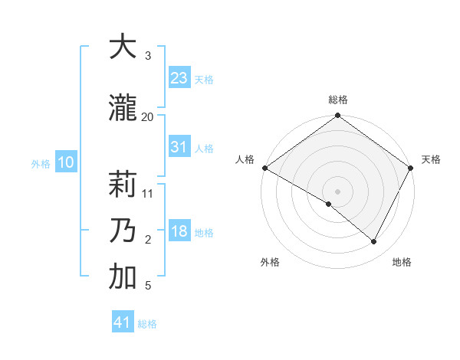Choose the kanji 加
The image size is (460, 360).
click(123, 277)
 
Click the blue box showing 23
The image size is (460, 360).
click(179, 78)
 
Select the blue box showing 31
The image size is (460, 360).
click(179, 147)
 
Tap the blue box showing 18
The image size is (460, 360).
click(179, 232)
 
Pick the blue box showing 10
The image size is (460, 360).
click(65, 162)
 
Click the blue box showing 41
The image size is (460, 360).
click(123, 322)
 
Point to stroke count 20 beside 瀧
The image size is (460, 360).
click(147, 116)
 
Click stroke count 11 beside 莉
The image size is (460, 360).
click(148, 193)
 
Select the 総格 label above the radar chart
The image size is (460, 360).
click(337, 100)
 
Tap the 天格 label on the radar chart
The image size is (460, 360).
click(431, 159)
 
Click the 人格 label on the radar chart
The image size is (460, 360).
click(245, 159)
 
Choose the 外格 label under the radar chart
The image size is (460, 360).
click(270, 262)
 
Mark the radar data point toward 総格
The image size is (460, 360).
click(337, 116)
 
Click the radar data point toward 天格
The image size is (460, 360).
click(410, 168)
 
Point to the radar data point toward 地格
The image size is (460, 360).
click(374, 242)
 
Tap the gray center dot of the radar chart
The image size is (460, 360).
click(337, 191)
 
